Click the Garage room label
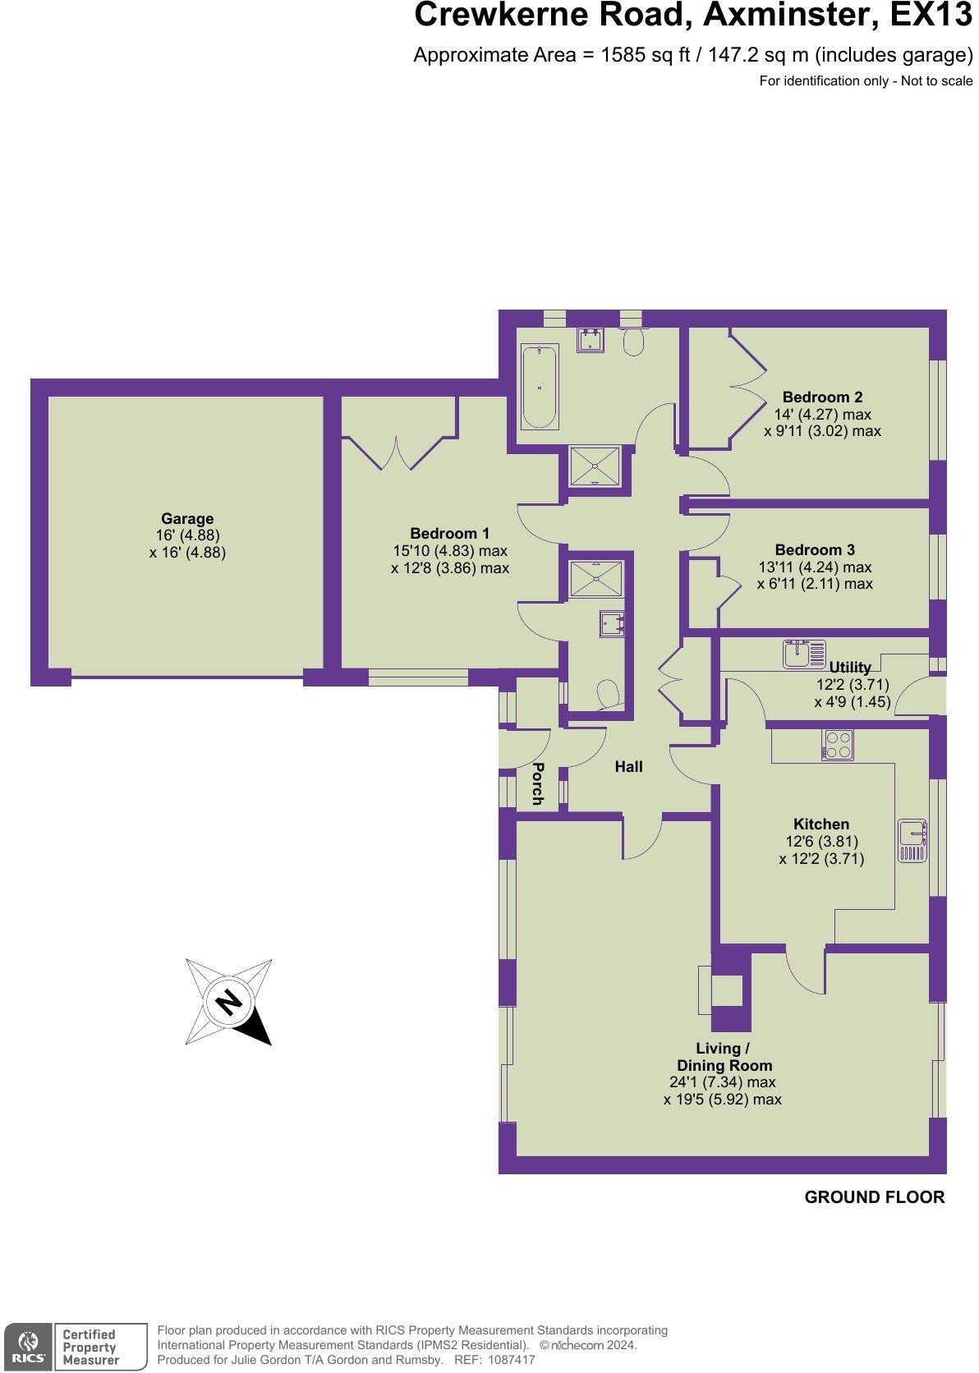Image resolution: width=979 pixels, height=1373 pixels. (187, 519)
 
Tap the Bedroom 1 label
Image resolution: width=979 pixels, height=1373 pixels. (450, 533)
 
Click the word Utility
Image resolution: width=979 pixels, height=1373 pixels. (850, 668)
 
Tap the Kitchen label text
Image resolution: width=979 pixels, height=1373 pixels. (821, 824)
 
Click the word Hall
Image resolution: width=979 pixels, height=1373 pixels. (629, 767)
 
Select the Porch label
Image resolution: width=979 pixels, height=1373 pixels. (538, 783)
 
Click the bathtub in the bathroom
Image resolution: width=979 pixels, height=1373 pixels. (539, 386)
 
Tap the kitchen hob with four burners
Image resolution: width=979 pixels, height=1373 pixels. (837, 745)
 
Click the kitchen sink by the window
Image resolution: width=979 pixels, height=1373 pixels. (912, 840)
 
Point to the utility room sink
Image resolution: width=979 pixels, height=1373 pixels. (797, 654)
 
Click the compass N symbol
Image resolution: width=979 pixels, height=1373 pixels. (229, 1002)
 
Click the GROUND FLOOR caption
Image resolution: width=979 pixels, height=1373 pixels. (875, 1197)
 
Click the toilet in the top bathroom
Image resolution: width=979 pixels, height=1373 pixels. (633, 342)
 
